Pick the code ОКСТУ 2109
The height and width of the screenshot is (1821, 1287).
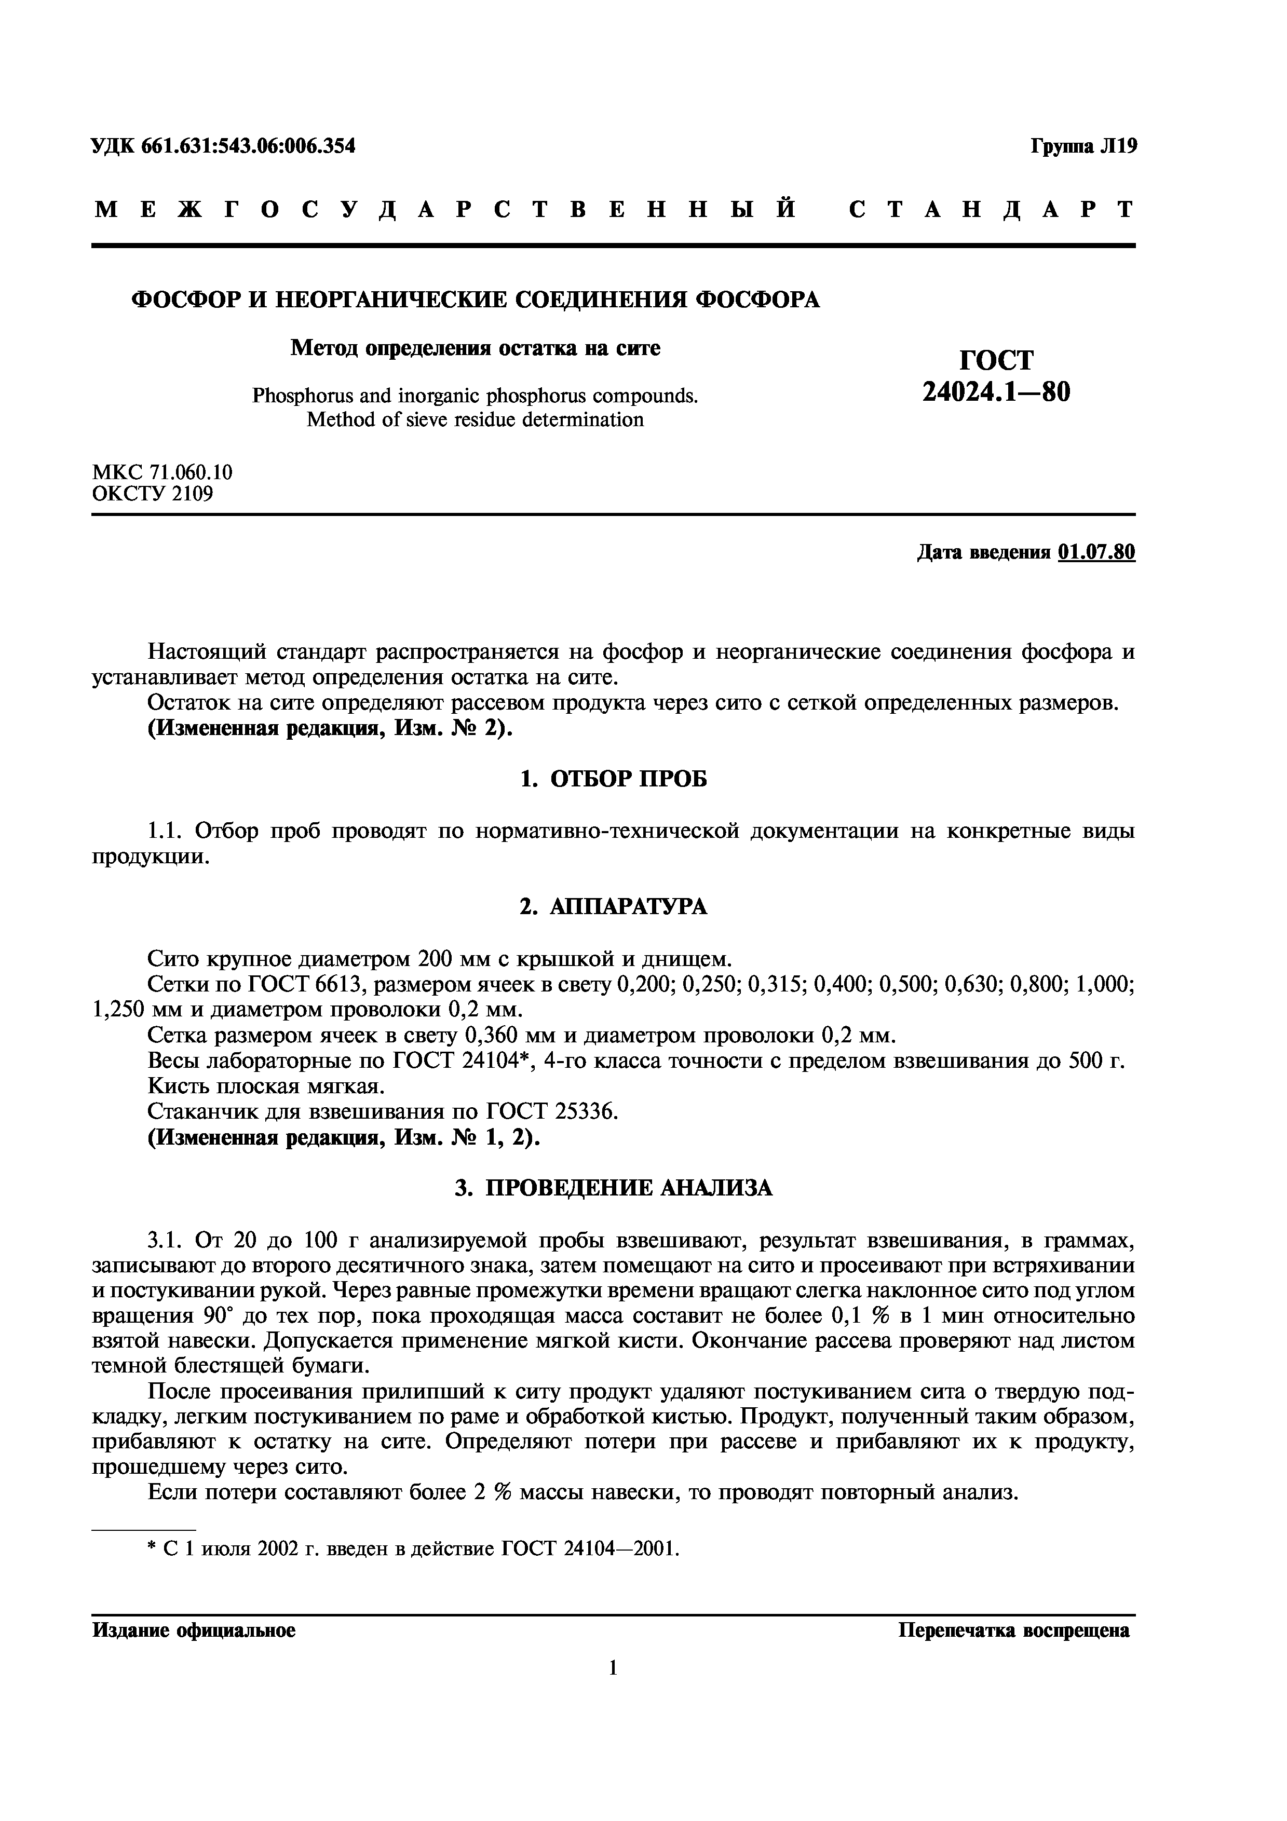pos(152,494)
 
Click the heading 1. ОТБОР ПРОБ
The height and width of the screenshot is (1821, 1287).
pos(613,780)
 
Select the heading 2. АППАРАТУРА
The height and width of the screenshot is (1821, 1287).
pos(613,906)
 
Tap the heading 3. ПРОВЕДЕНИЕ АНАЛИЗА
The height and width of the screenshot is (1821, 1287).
pos(613,1187)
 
